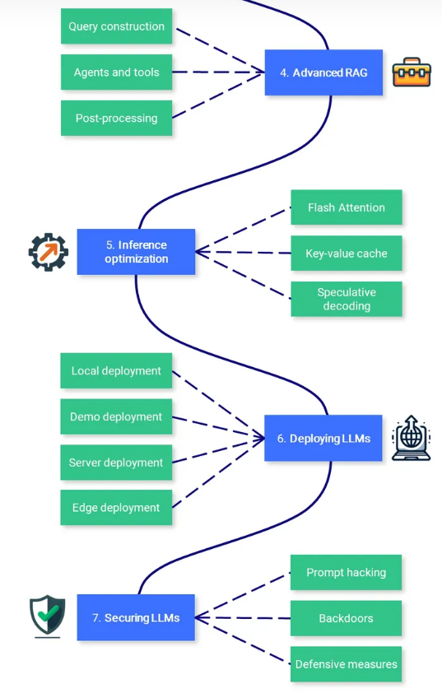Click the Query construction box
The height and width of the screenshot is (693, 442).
coord(116,26)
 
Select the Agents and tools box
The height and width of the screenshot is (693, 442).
coord(116,72)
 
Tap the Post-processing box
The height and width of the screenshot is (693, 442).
coord(116,118)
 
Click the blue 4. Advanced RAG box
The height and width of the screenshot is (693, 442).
coord(323,72)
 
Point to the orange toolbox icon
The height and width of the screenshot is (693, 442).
coord(412,72)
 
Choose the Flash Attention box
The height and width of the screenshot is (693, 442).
coord(347,207)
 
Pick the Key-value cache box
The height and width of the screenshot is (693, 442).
coord(347,253)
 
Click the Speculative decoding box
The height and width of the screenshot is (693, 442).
coord(347,299)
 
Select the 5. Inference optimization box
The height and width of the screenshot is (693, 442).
coord(136,252)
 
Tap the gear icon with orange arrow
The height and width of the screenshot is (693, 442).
coord(49,252)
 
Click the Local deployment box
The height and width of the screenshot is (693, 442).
coord(116,371)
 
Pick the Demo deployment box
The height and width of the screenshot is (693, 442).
coord(116,416)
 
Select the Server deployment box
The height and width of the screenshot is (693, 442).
coord(116,463)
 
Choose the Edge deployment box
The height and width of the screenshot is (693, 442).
coord(116,507)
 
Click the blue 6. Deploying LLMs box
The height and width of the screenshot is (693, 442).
coord(323,438)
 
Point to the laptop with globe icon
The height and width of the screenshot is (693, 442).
coord(411,438)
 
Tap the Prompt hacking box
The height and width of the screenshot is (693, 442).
coord(346,572)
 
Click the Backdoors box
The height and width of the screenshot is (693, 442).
coord(346,618)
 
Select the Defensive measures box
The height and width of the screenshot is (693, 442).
coord(346,664)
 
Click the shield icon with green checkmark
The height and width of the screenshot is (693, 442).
coord(47,616)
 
